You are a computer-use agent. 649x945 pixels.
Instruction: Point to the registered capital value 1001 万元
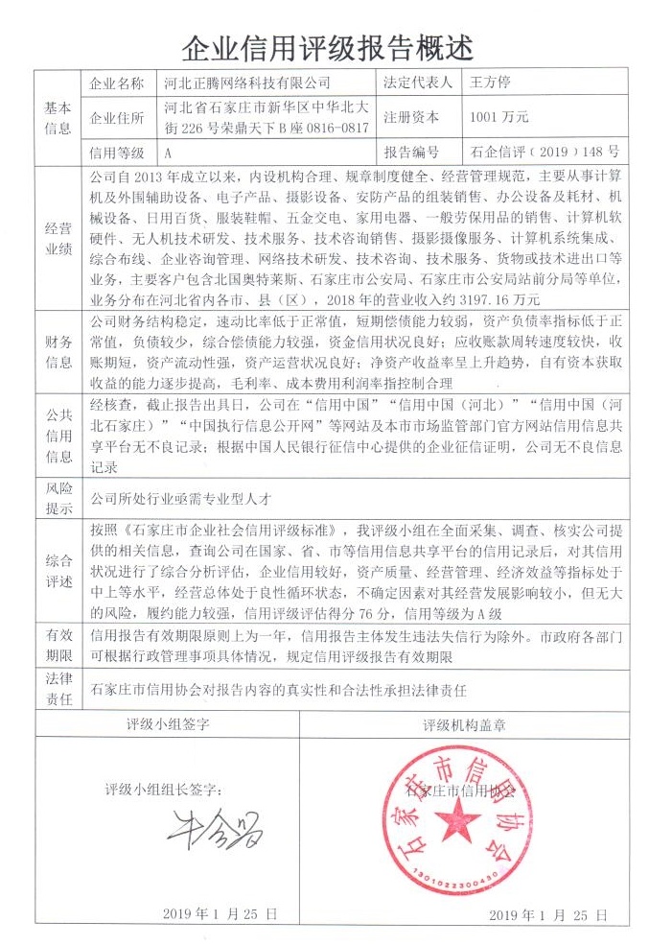(x=499, y=117)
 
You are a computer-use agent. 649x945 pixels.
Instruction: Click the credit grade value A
(x=168, y=153)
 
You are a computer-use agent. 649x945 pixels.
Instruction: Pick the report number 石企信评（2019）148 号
(x=545, y=153)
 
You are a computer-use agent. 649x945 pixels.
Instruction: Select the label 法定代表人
(x=416, y=83)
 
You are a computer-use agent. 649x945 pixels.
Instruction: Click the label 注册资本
(x=411, y=117)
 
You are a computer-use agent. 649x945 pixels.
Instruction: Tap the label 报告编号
(x=411, y=153)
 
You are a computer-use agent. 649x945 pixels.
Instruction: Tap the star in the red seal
(x=460, y=820)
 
